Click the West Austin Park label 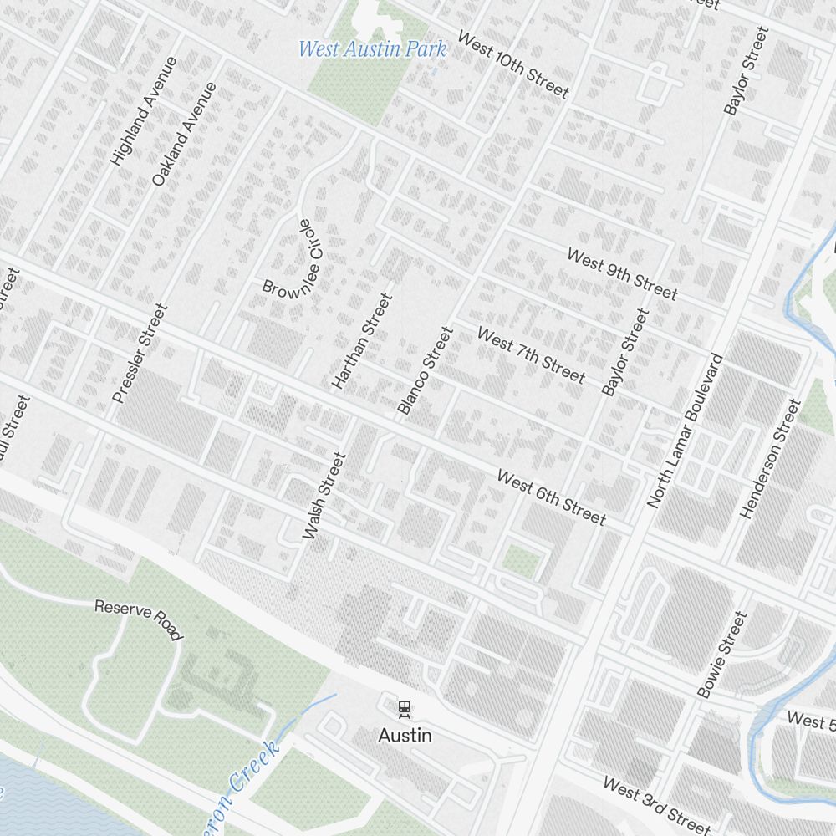tap(372, 48)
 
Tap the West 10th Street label tap(512, 65)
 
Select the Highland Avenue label tap(144, 110)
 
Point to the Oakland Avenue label tap(184, 134)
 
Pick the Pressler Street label tap(140, 353)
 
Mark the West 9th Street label tap(622, 273)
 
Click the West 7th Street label tap(531, 354)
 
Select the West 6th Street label tap(551, 497)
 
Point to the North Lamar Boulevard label tap(685, 431)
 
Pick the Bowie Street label tap(721, 655)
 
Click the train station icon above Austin tap(405, 709)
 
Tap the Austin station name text tap(405, 735)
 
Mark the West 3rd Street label tap(655, 804)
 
